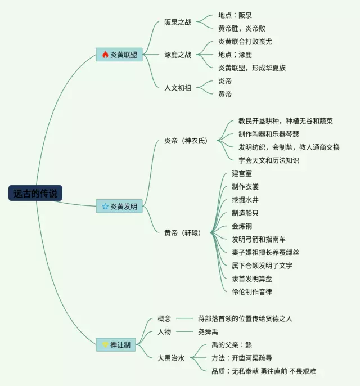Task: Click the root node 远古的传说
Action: (x=36, y=193)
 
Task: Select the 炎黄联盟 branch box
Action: (x=119, y=55)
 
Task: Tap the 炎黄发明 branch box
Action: (x=119, y=207)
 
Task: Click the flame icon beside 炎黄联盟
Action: (x=105, y=55)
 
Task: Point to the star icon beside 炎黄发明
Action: (x=105, y=207)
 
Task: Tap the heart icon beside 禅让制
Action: (x=105, y=344)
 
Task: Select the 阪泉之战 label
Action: (x=178, y=23)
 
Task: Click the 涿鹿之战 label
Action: (x=178, y=55)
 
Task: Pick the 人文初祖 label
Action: (x=178, y=88)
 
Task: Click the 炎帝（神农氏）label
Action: (x=186, y=141)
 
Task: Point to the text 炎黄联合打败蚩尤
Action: (x=245, y=42)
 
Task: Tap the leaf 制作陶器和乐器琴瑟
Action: (x=268, y=134)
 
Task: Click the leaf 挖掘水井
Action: (x=245, y=200)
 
